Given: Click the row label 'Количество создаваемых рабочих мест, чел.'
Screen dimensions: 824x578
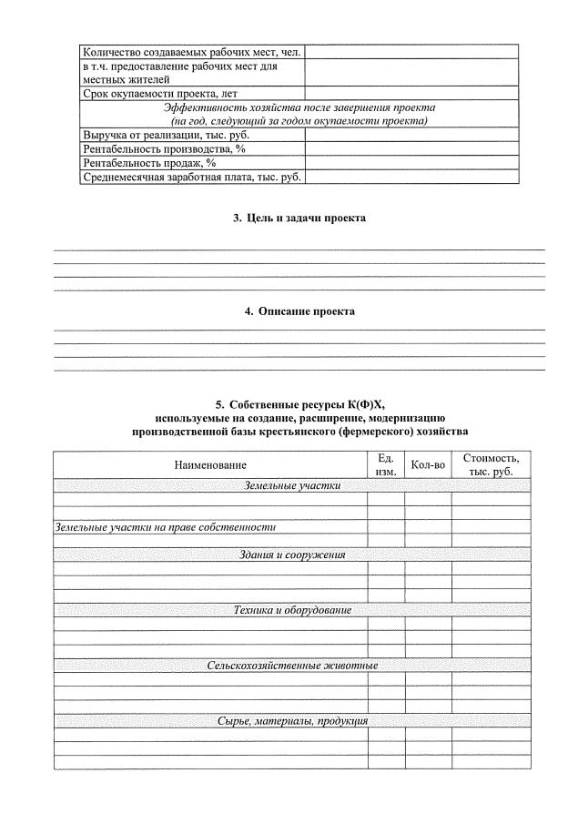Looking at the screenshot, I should click(191, 52).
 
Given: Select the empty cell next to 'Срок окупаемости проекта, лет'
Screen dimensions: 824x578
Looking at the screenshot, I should click(411, 94).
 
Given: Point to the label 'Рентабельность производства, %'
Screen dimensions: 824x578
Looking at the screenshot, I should click(165, 148).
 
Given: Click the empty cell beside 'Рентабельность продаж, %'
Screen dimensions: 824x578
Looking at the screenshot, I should click(411, 163).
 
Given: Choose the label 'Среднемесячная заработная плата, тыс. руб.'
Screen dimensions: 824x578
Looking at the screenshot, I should click(191, 177).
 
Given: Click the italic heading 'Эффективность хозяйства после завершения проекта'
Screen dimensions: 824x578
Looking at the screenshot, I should click(299, 107).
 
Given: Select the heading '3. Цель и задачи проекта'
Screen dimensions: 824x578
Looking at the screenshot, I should click(299, 219).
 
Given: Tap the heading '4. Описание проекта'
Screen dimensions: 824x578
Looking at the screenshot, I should click(299, 311).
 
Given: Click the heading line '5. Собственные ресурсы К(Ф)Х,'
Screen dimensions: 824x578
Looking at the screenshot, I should click(299, 403).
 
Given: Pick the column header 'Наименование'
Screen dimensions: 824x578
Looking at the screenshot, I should click(210, 465).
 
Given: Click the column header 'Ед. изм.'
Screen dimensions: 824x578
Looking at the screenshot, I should click(385, 465).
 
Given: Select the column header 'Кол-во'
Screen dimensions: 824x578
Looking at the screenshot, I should click(428, 465).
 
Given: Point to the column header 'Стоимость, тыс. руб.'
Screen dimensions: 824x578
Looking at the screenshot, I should click(491, 465).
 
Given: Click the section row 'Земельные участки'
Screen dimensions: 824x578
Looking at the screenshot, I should click(291, 486).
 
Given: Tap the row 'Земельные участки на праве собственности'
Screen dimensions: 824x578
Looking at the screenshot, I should click(166, 527).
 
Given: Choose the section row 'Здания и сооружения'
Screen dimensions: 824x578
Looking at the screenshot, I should click(291, 554).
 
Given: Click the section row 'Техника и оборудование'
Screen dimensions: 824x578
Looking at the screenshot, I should click(291, 610).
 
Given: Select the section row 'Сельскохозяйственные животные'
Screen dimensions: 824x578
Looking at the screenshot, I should click(291, 666).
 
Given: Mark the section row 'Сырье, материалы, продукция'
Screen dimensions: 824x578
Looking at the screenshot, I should click(291, 721).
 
